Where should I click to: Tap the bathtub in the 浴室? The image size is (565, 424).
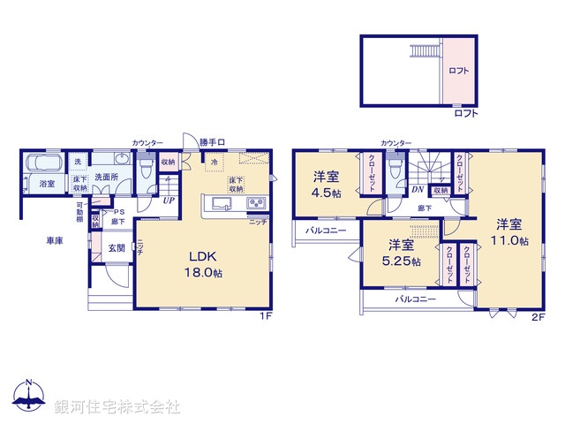pos(42,164)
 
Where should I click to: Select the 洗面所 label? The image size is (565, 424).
pos(110,178)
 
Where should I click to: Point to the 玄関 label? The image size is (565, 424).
pos(117,248)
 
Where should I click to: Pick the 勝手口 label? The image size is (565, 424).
pos(211,142)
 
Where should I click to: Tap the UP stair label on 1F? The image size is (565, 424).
pos(167,199)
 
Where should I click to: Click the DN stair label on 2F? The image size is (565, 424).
pos(417,189)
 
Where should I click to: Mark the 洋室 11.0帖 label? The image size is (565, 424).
pos(511,231)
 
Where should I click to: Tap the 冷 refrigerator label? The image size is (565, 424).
pos(213,163)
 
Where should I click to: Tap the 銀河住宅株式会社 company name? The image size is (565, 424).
pos(117,407)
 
